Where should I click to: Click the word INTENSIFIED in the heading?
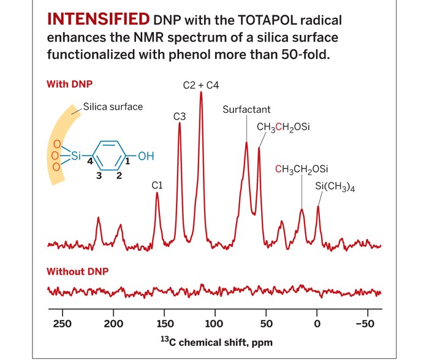point(98,19)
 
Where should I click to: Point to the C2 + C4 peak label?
point(201,85)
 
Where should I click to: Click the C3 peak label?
point(180,115)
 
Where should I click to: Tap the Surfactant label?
point(246,110)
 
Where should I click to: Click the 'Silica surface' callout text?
point(113,107)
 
